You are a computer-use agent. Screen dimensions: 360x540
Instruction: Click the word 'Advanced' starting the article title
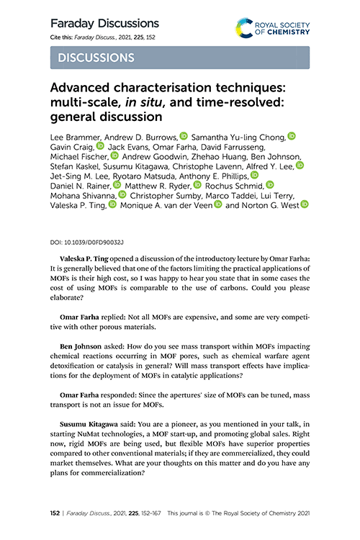[x=83, y=88]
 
